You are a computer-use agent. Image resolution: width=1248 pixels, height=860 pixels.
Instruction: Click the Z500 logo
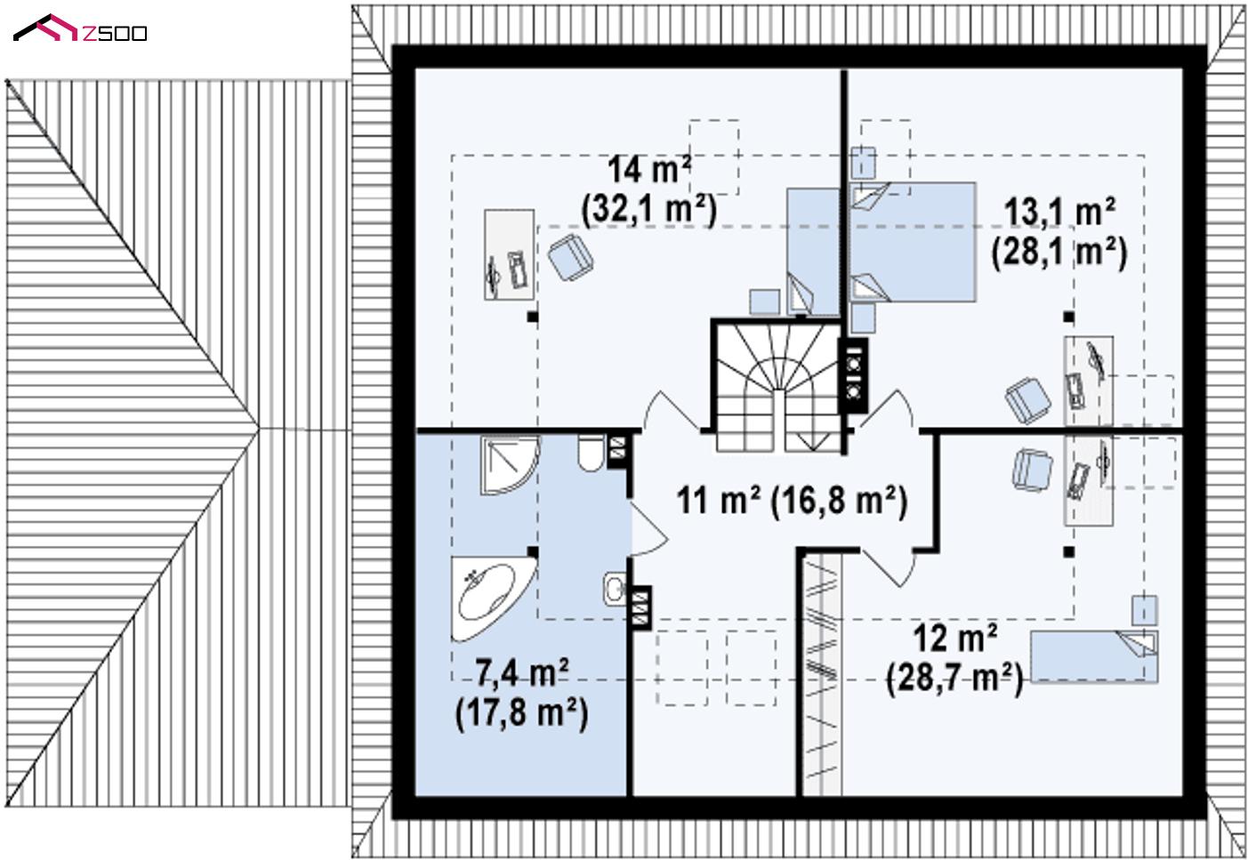[x=80, y=28]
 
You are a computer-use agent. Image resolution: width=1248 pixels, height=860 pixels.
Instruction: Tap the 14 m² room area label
[x=649, y=169]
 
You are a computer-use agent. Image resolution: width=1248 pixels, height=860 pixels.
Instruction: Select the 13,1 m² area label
[x=1059, y=213]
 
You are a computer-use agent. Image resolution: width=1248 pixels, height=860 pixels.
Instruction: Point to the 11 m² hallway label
[x=719, y=500]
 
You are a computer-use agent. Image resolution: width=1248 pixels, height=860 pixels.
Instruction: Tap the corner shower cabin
[x=511, y=466]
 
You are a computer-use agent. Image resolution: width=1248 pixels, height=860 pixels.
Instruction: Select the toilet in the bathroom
[x=591, y=454]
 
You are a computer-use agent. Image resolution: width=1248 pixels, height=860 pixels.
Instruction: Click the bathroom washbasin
[x=615, y=589]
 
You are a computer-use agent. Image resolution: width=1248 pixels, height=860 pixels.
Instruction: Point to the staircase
[x=777, y=386]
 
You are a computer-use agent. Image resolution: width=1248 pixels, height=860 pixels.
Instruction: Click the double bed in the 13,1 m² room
[x=912, y=242]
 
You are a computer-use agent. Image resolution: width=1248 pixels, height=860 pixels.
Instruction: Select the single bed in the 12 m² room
[x=1094, y=656]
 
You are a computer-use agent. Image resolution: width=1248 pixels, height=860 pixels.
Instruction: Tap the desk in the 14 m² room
[x=509, y=254]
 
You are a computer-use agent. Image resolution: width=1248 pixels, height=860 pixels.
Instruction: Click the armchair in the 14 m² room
[x=570, y=257]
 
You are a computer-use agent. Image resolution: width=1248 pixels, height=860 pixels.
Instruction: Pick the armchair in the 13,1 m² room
[x=1028, y=400]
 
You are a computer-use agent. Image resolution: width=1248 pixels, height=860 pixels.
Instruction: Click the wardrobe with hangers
[x=822, y=673]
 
